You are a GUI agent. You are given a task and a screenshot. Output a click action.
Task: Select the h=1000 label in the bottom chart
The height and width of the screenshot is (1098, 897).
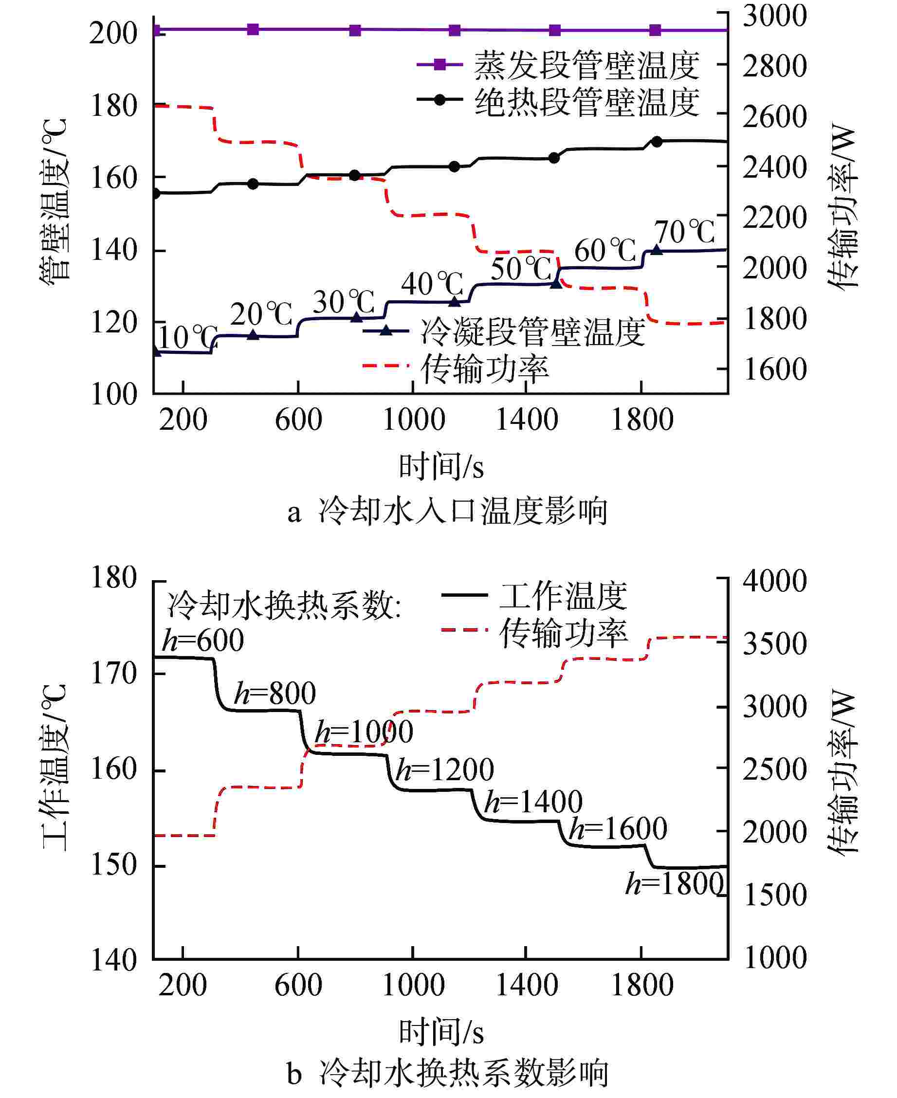coord(364,732)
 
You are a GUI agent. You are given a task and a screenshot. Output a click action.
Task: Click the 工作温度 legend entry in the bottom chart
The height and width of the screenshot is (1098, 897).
coord(563,596)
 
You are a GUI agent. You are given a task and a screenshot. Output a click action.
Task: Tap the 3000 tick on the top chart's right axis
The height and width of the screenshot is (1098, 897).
coord(774,16)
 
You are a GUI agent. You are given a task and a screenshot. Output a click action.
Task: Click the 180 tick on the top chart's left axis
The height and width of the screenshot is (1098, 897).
coord(114,106)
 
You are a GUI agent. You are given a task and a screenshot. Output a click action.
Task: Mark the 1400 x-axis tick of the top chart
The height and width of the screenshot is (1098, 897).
coord(527,419)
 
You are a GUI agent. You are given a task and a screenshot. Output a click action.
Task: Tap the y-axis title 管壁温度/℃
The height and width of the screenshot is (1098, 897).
coord(54,199)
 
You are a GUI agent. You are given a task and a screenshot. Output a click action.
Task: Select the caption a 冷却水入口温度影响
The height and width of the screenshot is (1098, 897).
coord(447,511)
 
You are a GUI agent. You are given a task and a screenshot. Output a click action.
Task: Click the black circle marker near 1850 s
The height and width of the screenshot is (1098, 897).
coord(657,142)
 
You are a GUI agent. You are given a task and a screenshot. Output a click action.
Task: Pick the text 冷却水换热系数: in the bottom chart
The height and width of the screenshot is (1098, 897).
coord(284,605)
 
